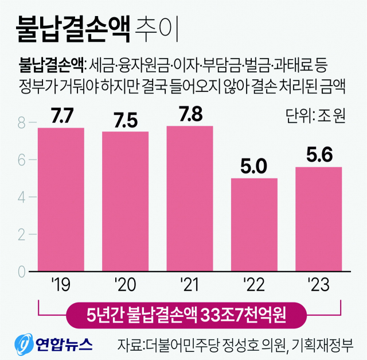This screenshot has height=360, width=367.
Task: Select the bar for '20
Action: [x=126, y=202]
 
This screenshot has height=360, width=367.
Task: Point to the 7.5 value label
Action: [x=126, y=120]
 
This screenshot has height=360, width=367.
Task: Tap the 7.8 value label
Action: [x=190, y=114]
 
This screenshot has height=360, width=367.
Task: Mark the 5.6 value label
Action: [x=318, y=155]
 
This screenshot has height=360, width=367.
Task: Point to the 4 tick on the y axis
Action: [x=22, y=197]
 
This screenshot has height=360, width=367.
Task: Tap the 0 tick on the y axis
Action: [x=22, y=270]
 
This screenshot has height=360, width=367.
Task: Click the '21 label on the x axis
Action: [x=190, y=284]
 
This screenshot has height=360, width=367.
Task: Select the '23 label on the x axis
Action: [x=318, y=284]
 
